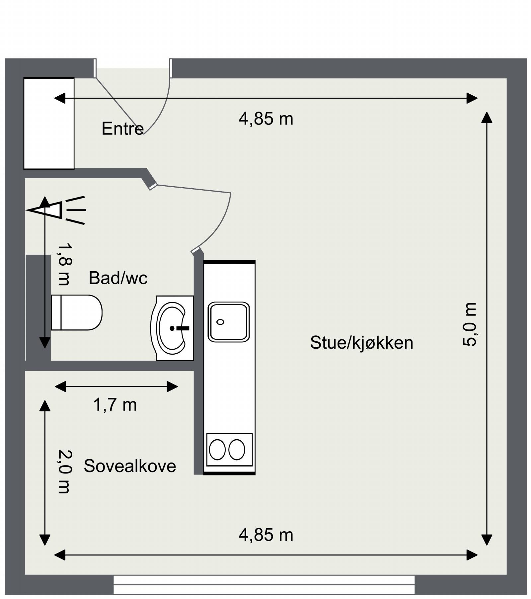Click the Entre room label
[122, 128]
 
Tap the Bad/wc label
[118, 278]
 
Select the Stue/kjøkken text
[362, 343]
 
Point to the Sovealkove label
[130, 466]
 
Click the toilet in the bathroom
[77, 312]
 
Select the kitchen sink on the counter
[229, 322]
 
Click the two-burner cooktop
[229, 450]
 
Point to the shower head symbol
[56, 210]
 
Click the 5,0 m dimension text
[470, 324]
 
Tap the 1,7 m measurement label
[115, 405]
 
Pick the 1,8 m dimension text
[64, 264]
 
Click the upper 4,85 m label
[266, 119]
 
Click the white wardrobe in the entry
[49, 124]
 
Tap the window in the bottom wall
[264, 585]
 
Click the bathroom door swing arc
[220, 226]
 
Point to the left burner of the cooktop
[217, 450]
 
